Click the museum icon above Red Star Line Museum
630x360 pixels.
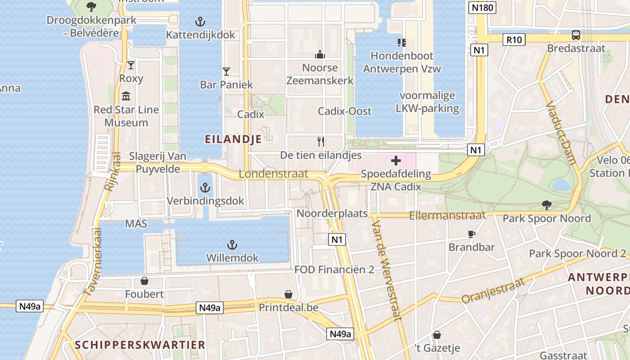(126, 96)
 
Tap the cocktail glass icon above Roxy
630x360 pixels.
(131, 65)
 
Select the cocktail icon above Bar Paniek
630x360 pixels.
(226, 72)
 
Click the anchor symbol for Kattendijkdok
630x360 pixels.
(200, 21)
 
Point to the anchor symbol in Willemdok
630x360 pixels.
(232, 245)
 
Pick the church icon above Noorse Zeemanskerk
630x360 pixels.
(320, 54)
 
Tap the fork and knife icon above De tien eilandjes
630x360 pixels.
(321, 142)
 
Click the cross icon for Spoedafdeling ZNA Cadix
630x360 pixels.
(396, 161)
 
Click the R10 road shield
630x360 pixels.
(514, 40)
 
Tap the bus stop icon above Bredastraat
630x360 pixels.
(576, 35)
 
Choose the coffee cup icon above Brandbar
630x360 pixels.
(471, 234)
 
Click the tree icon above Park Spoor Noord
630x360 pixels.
(547, 205)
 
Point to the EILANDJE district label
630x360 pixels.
(233, 139)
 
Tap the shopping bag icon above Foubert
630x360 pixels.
(144, 281)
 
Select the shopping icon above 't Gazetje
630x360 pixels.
(436, 335)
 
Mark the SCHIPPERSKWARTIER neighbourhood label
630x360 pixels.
(140, 345)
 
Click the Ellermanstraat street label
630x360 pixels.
(447, 216)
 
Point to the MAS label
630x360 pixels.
(136, 224)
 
